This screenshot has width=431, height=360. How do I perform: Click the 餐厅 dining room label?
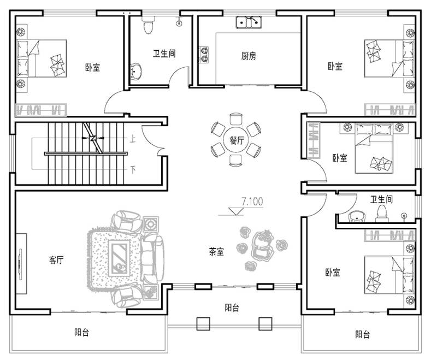click(237, 140)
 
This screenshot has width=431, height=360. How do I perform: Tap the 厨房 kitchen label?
click(249, 56)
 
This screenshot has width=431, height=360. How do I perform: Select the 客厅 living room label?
click(56, 259)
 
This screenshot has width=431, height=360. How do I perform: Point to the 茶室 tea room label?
click(216, 251)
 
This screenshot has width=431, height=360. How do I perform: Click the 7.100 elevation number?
click(252, 202)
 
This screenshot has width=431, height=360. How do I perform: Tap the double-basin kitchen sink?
click(249, 22)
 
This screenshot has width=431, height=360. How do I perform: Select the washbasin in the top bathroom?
click(135, 71)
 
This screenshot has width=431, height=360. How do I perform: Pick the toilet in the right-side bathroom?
click(382, 213)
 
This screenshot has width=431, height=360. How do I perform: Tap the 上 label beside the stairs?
click(133, 139)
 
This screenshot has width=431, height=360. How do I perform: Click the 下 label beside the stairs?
click(133, 170)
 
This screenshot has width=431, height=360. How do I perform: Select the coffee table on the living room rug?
click(119, 258)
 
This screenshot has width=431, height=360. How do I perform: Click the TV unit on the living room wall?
click(21, 263)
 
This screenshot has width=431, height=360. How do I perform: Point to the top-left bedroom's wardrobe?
click(41, 110)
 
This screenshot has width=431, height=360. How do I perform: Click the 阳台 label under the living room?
click(81, 332)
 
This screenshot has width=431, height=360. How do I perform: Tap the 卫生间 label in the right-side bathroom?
click(381, 199)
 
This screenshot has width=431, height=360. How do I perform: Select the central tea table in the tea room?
click(261, 245)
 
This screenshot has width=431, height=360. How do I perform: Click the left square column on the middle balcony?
click(203, 323)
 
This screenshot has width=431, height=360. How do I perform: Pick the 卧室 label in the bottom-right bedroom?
click(333, 273)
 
